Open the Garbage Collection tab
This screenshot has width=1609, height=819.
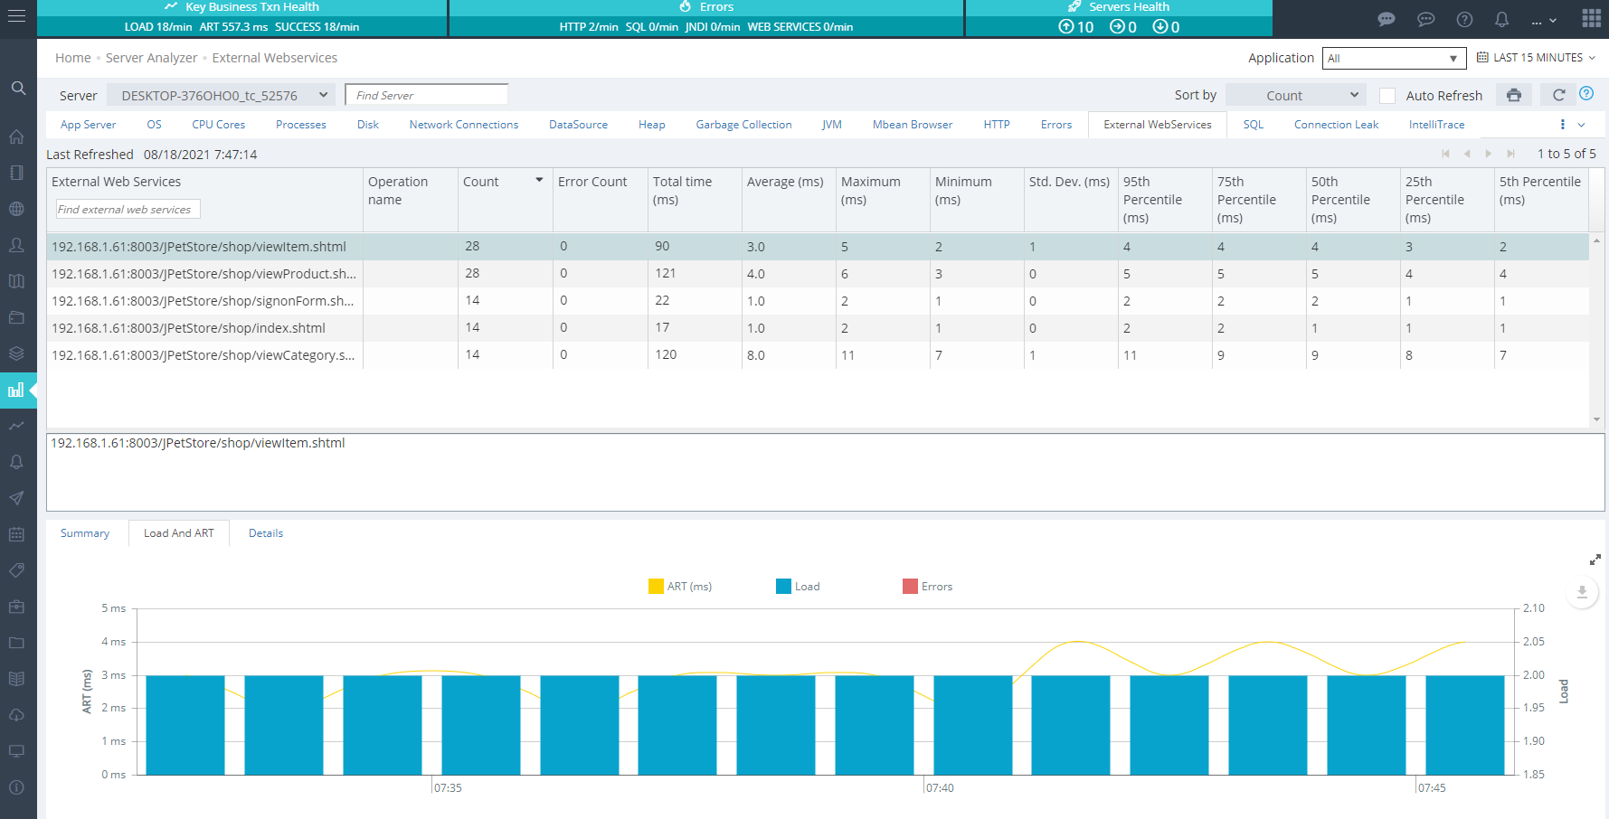(x=743, y=125)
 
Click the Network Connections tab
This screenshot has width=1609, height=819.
(x=464, y=125)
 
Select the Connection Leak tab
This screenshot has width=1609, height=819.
(x=1336, y=125)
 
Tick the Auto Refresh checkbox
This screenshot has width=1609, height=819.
(x=1387, y=96)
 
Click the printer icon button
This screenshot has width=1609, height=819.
(x=1514, y=95)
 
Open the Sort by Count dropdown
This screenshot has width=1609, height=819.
(x=1295, y=95)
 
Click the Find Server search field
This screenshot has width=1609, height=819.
(x=426, y=95)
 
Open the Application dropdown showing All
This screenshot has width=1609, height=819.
(x=1394, y=58)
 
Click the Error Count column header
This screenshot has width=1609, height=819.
(x=592, y=182)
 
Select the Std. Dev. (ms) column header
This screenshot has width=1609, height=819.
(x=1069, y=182)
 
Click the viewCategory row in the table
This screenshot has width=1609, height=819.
(x=203, y=355)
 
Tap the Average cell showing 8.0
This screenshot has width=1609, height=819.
(x=756, y=355)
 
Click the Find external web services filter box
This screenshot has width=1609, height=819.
(x=128, y=209)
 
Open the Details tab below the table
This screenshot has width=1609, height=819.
(x=266, y=533)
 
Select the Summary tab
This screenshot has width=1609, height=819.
(x=85, y=533)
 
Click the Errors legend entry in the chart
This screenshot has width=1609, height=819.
(x=928, y=587)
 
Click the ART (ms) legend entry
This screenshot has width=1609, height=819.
(x=680, y=587)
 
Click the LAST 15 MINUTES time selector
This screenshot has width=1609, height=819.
(x=1537, y=57)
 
